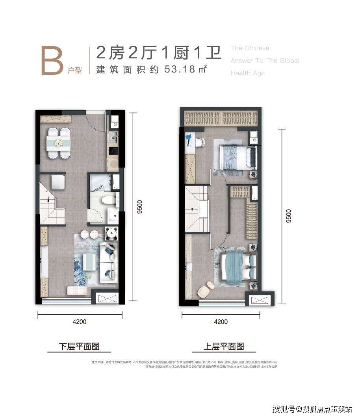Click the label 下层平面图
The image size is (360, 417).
tap(79, 347)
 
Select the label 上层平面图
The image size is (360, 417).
tap(224, 347)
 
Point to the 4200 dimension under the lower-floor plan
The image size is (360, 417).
tap(80, 322)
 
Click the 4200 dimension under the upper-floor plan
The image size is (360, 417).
tap(221, 322)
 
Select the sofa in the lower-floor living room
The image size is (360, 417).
tap(108, 259)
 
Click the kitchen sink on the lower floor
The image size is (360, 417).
tap(113, 138)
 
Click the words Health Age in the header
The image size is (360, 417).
tap(247, 73)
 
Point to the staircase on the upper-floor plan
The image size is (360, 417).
tap(197, 211)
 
